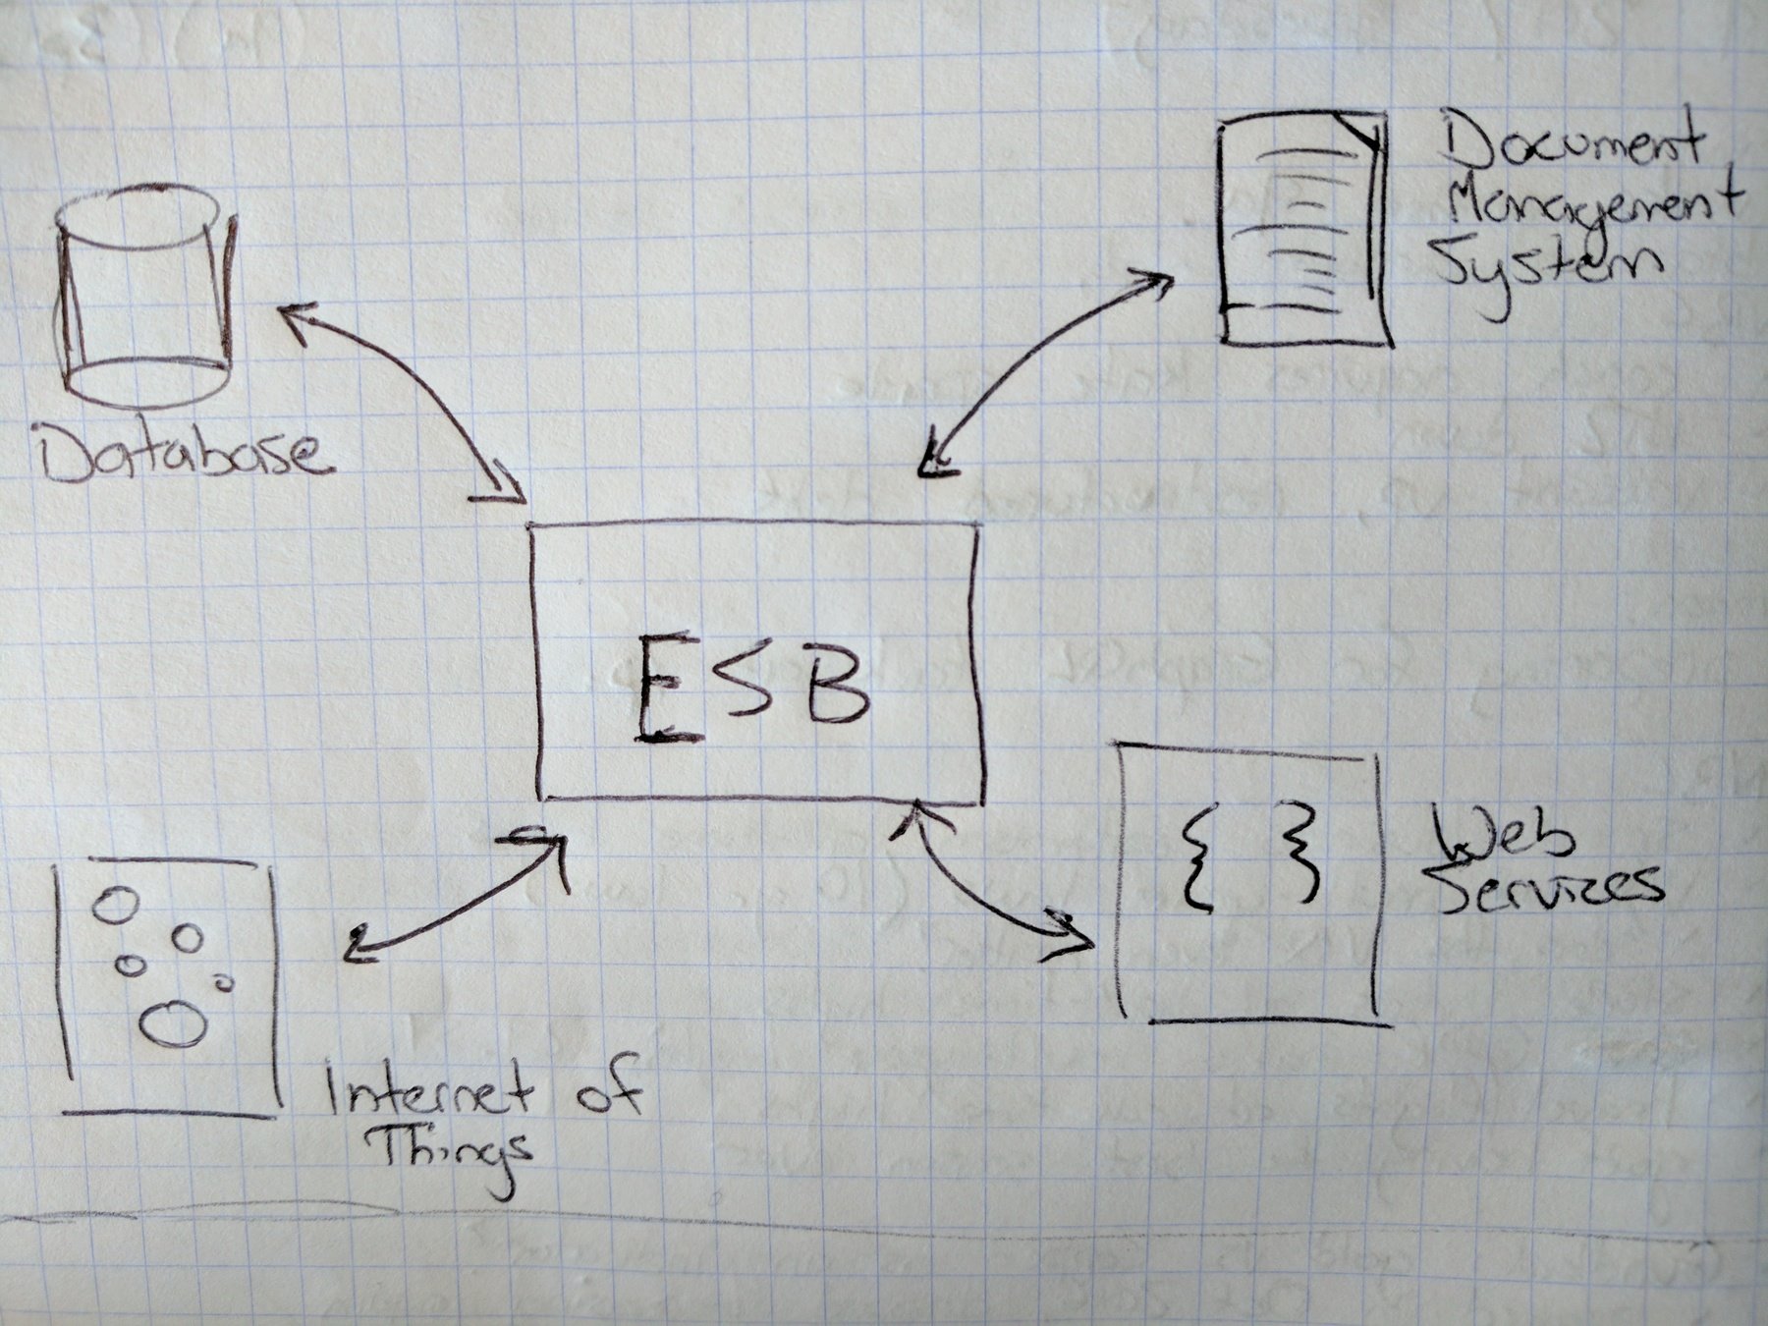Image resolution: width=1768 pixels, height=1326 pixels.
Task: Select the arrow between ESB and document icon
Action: tap(1046, 368)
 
